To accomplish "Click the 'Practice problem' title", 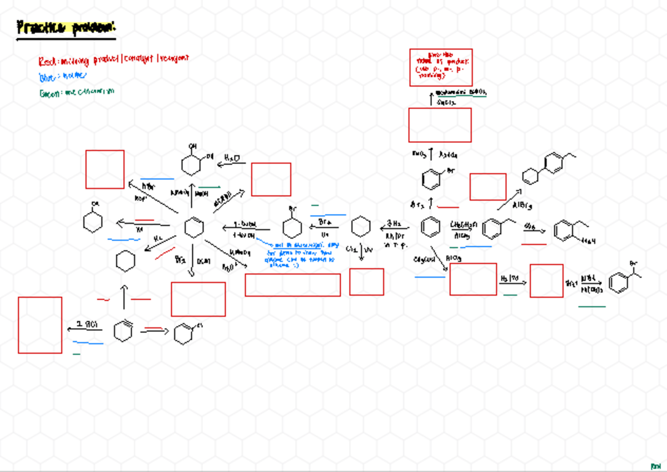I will pos(67,28).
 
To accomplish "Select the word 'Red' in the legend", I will pos(46,61).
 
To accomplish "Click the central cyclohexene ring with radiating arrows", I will pos(194,227).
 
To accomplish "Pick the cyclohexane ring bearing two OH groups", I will pos(193,163).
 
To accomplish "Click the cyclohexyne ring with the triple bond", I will pos(123,332).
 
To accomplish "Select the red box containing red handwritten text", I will pos(441,67).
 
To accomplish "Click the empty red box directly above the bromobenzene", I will pos(440,125).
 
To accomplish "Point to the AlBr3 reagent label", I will pos(521,206).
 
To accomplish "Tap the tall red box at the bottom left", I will pos(40,325).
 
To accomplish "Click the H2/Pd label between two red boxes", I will pos(510,278).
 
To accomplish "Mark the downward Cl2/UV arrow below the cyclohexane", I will pos(361,251).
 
